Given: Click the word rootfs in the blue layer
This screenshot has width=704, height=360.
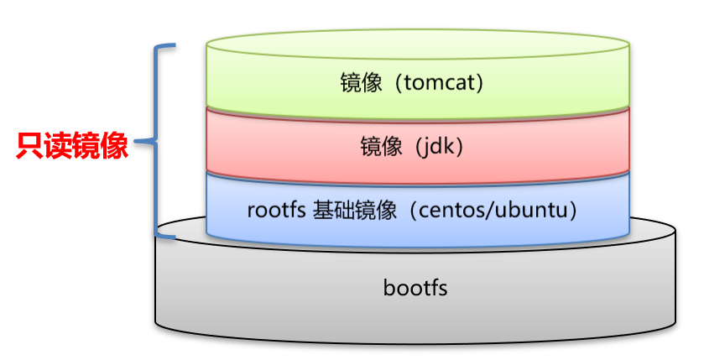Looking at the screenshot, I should pyautogui.click(x=274, y=209).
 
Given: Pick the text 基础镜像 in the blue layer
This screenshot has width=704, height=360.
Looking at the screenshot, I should pyautogui.click(x=353, y=209).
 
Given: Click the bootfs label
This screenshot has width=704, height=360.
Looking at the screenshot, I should pyautogui.click(x=415, y=289).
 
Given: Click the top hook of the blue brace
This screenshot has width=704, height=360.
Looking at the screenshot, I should pyautogui.click(x=168, y=47).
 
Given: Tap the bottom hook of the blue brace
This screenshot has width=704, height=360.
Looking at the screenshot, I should pyautogui.click(x=168, y=237).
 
